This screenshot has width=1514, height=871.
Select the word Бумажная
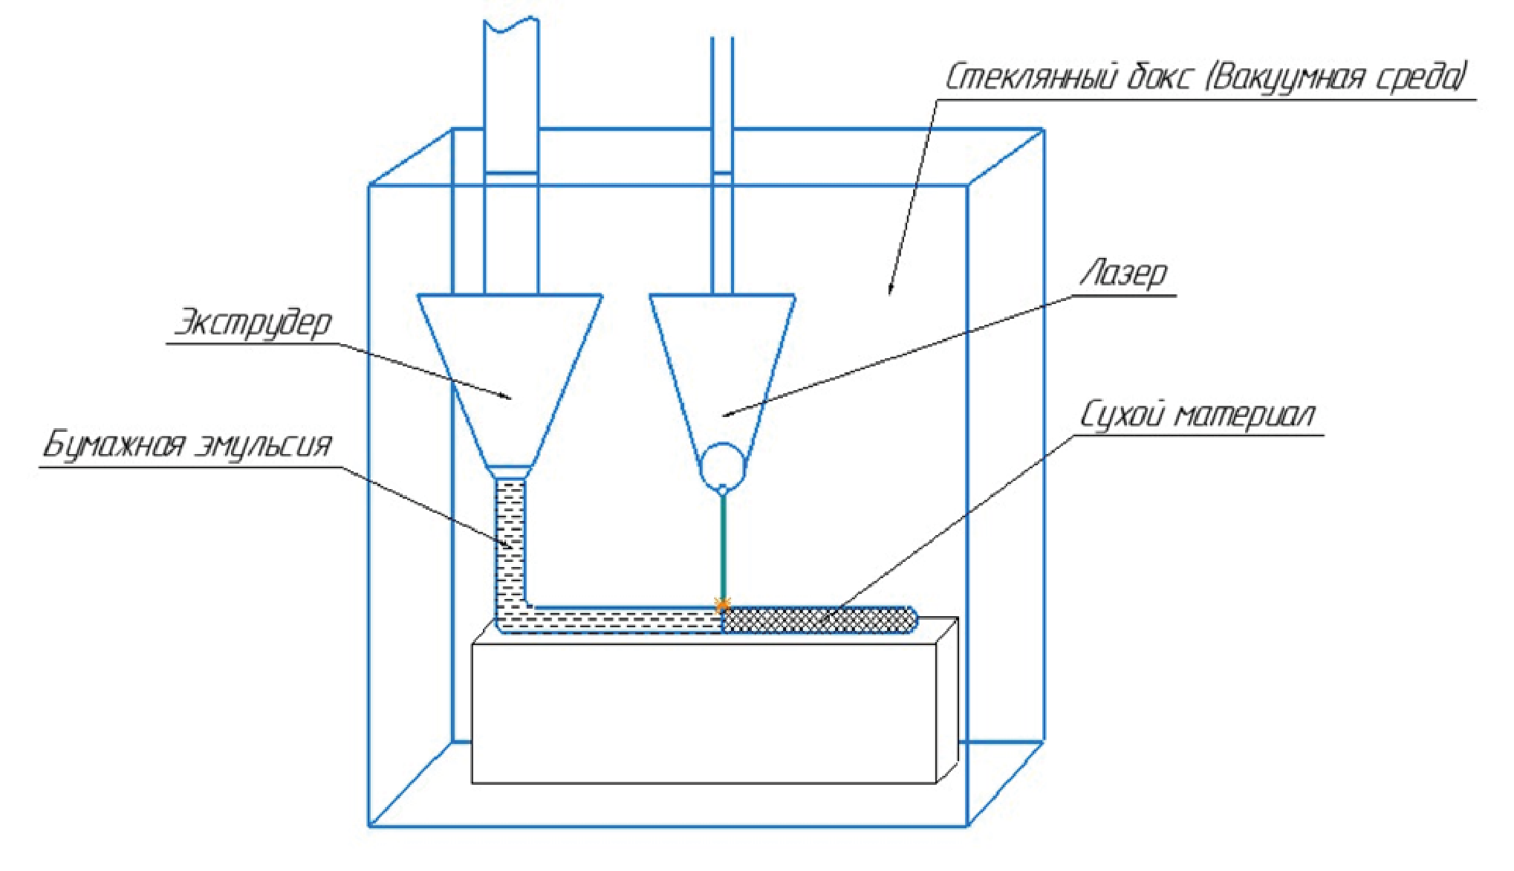tap(113, 446)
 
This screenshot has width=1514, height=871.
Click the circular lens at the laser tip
tap(722, 464)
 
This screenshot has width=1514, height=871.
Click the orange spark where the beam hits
tap(722, 604)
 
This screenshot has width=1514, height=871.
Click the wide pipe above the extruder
tap(511, 149)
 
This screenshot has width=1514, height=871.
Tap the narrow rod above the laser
tap(722, 149)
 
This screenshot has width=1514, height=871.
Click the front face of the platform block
tap(704, 713)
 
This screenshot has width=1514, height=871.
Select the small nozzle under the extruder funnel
tap(510, 473)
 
